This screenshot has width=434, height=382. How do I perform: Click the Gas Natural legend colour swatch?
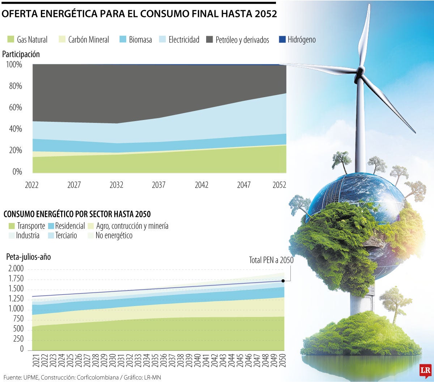(x=10, y=39)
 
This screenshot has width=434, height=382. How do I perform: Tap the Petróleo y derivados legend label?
(x=242, y=40)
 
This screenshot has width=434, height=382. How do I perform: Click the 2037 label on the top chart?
(x=159, y=185)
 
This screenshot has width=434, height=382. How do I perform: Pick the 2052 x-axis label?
(x=279, y=185)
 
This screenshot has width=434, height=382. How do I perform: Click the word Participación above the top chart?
(x=21, y=54)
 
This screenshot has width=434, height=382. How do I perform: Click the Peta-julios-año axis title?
(x=29, y=257)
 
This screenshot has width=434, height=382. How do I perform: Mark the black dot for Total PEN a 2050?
(x=283, y=281)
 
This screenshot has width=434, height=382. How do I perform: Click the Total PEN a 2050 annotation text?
(x=271, y=260)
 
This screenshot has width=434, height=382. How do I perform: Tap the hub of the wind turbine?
(x=360, y=70)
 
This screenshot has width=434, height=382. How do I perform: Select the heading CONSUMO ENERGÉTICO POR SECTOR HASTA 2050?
(x=77, y=214)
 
